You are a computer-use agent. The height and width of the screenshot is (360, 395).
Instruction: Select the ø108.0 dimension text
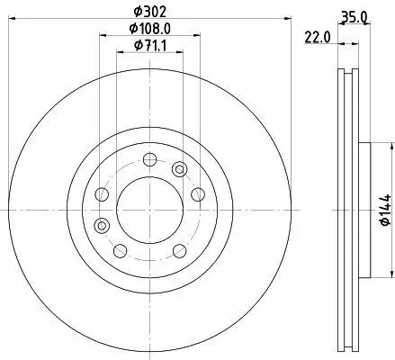[x=150, y=29]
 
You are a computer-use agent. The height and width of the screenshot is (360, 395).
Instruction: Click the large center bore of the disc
[x=148, y=208]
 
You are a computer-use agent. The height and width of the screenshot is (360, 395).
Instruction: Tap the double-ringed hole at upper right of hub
[x=179, y=168]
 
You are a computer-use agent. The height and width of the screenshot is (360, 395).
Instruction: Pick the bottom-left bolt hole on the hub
[x=120, y=249]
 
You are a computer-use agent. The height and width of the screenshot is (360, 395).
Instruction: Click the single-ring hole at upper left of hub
[x=102, y=195]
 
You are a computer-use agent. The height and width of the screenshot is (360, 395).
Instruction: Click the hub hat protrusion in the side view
[x=364, y=208]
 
